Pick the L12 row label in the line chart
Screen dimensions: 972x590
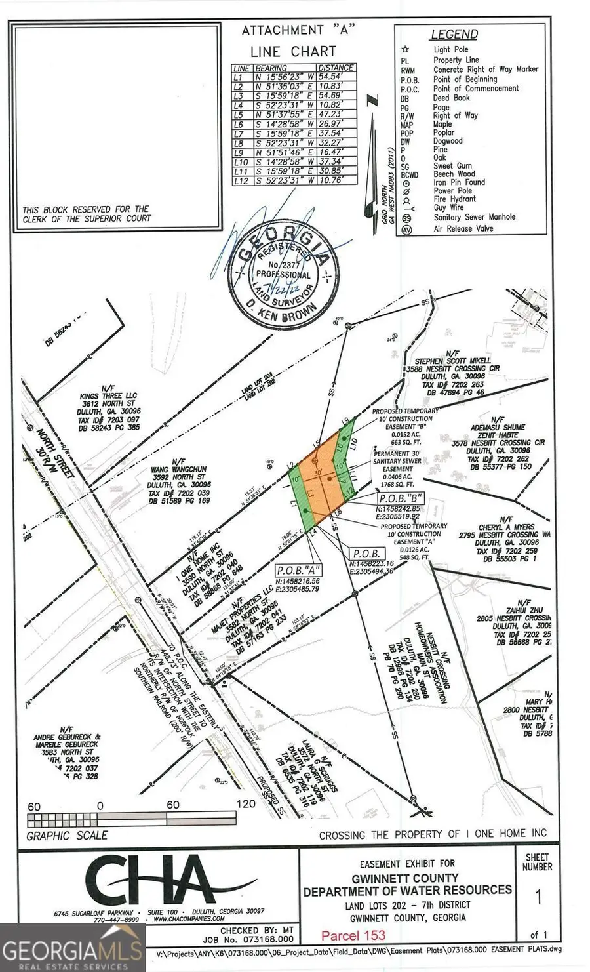point(242,180)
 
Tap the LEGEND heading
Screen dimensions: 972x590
point(454,34)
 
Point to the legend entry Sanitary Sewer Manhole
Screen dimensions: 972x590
point(474,217)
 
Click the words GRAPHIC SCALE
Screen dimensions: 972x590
point(67,836)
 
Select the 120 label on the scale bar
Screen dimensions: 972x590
point(245,805)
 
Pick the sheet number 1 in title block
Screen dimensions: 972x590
point(538,897)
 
